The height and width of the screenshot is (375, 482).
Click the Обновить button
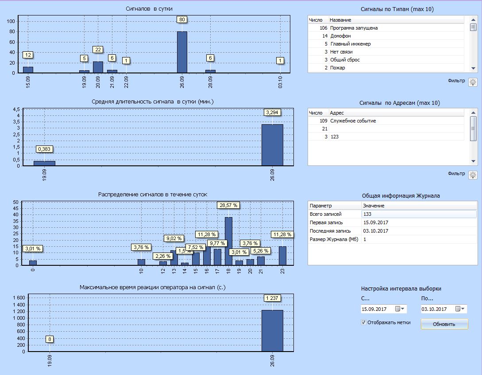444,324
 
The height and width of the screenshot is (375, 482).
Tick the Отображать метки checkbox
364,322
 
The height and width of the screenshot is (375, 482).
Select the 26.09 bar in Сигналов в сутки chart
182,52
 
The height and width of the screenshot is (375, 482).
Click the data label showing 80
182,19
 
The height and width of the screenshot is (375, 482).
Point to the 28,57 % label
228,205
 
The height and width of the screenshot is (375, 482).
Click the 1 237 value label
272,298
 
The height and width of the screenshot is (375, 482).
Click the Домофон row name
340,36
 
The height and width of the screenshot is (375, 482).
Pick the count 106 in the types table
323,28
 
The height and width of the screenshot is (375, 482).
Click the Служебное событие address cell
353,121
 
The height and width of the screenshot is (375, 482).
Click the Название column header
340,20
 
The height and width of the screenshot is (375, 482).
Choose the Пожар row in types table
337,68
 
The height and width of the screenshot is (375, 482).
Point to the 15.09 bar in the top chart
28,69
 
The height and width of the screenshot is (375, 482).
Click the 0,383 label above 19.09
45,149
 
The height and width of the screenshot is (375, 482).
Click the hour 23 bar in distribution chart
282,256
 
